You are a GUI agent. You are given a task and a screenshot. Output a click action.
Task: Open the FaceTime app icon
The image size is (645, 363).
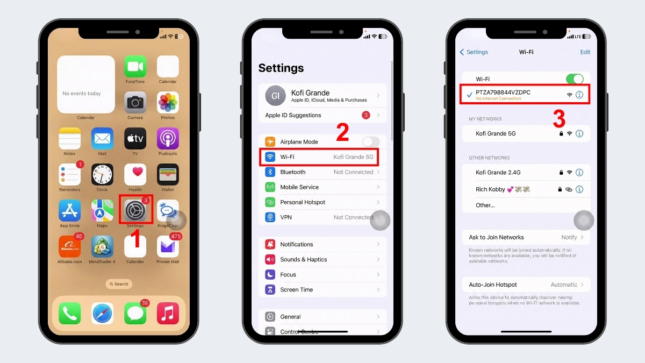[135, 67]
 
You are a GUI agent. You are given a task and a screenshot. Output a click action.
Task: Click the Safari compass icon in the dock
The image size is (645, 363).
[102, 313]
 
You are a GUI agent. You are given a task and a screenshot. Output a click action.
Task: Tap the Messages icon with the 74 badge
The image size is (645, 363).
[135, 313]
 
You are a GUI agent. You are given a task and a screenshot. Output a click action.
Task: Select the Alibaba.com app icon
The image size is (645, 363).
[70, 246]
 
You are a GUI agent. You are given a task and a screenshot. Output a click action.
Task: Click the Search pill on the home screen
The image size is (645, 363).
[118, 284]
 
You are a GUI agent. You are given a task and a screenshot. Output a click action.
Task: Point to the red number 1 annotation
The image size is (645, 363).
[137, 239]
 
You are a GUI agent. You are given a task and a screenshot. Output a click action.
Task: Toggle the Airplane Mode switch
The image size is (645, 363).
[370, 142]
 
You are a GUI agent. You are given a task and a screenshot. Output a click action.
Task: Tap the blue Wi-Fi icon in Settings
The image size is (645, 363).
[270, 157]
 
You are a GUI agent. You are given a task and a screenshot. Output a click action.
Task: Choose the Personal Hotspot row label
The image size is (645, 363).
[302, 202]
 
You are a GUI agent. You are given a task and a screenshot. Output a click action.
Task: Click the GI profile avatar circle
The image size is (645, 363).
[275, 96]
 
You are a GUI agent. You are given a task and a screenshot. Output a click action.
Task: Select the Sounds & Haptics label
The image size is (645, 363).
[303, 259]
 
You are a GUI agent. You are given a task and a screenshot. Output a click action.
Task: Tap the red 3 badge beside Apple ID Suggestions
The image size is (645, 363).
[366, 115]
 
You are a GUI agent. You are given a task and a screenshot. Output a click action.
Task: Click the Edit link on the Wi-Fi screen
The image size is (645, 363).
[585, 52]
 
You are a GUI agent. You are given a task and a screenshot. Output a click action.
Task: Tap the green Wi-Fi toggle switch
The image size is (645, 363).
[575, 79]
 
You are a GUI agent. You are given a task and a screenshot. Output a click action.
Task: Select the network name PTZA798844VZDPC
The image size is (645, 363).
[503, 92]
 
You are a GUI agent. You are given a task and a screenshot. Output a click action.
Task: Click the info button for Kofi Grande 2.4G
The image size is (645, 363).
[579, 173]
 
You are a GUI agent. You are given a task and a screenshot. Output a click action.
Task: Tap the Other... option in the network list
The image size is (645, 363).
[485, 205]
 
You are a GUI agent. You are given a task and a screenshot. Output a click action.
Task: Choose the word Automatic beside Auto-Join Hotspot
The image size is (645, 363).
[563, 284]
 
